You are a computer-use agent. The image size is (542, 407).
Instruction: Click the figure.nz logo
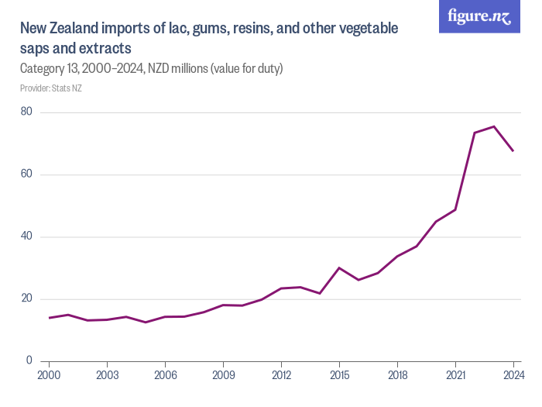click(479, 17)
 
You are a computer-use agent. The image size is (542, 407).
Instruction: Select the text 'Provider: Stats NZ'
click(51, 88)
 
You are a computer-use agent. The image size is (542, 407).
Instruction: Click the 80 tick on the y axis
click(26, 112)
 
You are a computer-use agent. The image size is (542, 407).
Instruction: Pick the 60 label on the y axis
click(26, 174)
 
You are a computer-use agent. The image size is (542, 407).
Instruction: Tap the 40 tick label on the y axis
click(26, 236)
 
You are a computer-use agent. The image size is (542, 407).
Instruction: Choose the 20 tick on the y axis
click(26, 298)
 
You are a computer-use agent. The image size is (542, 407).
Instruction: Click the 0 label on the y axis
click(29, 360)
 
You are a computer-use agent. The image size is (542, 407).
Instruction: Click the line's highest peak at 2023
click(494, 126)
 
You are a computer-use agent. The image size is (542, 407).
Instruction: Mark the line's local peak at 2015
click(339, 267)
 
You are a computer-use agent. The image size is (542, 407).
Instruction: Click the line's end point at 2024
click(513, 150)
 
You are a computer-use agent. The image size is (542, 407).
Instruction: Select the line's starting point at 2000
click(49, 318)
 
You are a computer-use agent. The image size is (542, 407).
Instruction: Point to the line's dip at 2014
click(320, 293)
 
